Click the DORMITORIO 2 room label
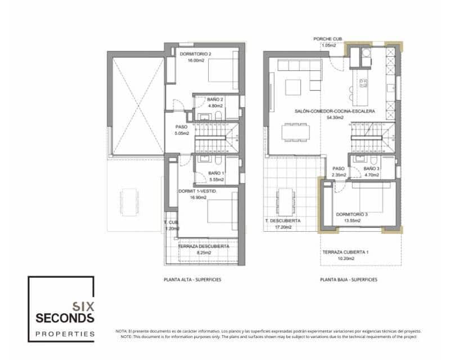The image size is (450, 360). tap(195, 55)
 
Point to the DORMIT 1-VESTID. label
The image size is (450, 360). tap(197, 191)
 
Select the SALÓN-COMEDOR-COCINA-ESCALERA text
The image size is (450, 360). tap(334, 111)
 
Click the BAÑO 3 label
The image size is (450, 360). tap(371, 169)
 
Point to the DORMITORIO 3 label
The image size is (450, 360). tap(353, 214)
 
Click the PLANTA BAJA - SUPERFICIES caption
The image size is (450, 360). tap(349, 280)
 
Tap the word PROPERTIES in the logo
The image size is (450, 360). tap(65, 334)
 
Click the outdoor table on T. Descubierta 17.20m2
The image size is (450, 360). tap(285, 201)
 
